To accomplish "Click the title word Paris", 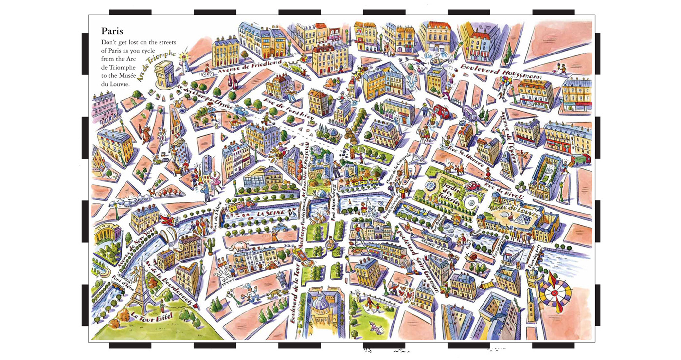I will click(x=112, y=31).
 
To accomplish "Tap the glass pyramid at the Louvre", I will click(x=523, y=221).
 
